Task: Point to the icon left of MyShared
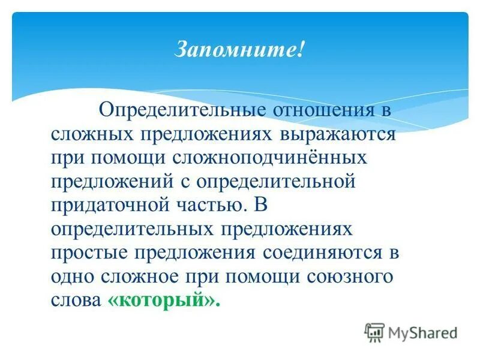(374, 331)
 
